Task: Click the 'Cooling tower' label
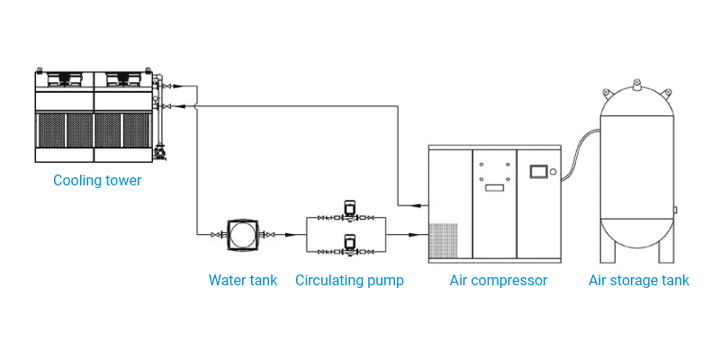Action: point(97,181)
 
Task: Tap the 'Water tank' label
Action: point(243,280)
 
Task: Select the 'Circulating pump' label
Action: point(349,280)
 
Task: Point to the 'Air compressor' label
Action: point(499,280)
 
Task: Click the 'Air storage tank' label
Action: point(639,280)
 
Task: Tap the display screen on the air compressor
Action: point(539,171)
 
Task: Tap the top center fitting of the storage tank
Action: point(638,85)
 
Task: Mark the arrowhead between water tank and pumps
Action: point(290,235)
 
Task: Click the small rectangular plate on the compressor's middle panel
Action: point(493,187)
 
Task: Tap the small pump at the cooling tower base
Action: point(161,154)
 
